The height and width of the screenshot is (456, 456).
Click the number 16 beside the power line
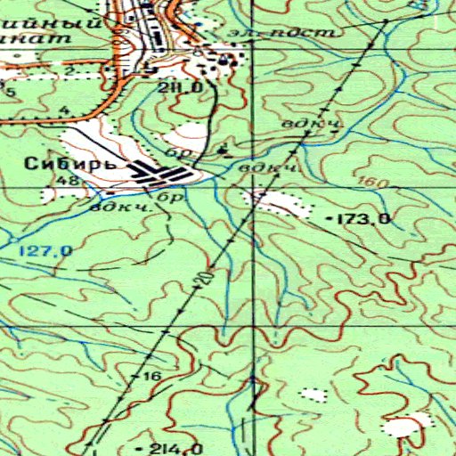click(151, 377)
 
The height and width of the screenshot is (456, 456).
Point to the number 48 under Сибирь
click(66, 181)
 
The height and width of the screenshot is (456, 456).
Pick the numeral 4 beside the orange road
click(64, 110)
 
